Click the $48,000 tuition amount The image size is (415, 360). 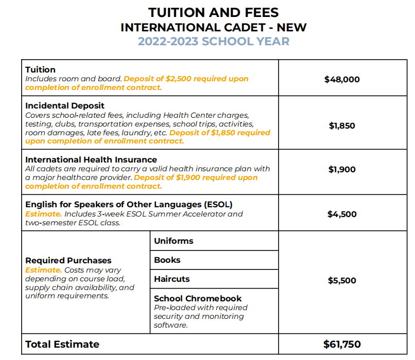[x=342, y=80]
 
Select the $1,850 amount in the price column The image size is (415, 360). [x=342, y=125]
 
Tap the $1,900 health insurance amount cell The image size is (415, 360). [x=342, y=169]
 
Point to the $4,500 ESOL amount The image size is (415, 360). [x=342, y=214]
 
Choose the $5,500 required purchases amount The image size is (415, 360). [x=342, y=280]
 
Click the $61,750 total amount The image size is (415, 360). [x=342, y=344]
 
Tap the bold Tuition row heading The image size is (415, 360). [x=41, y=69]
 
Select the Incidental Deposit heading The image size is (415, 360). [x=65, y=106]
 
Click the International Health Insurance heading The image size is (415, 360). [x=91, y=159]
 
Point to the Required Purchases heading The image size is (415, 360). [x=68, y=260]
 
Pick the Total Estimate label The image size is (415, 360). [x=62, y=344]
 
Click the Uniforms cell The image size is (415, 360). [x=174, y=241]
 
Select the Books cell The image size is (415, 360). [x=167, y=260]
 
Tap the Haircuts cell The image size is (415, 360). [x=172, y=279]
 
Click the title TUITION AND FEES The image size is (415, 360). [x=206, y=12]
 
